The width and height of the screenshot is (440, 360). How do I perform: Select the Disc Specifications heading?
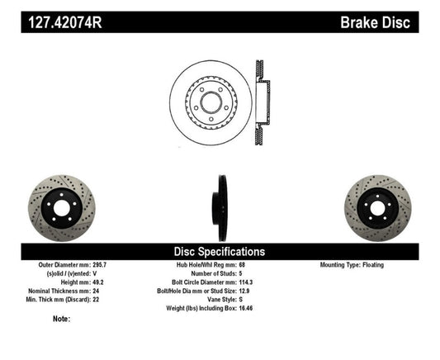(x=219, y=250)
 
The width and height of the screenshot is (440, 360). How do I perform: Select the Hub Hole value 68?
(x=241, y=265)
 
